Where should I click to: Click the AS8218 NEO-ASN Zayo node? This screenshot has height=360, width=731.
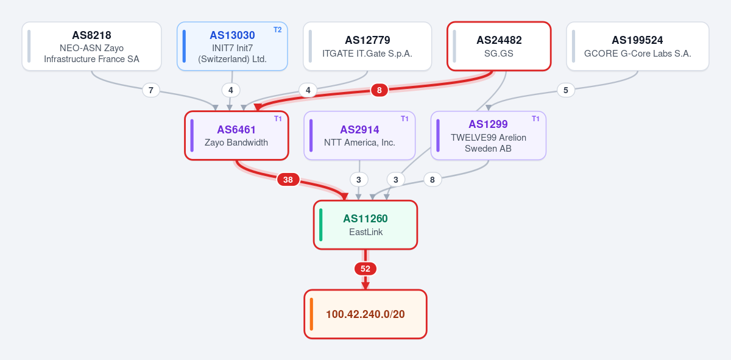pos(92,46)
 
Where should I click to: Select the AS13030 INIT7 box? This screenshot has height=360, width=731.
pos(232,46)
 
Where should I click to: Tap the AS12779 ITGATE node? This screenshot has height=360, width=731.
pos(367,46)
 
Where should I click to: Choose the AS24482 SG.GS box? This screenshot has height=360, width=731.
pos(499,46)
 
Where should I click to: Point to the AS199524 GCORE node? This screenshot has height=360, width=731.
pos(638,46)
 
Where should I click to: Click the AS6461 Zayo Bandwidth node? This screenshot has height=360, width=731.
pos(236,135)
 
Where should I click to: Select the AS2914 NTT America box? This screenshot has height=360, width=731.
pos(359,135)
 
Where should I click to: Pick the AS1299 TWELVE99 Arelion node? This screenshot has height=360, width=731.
pos(489,135)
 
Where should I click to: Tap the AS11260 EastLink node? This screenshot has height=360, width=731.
pos(365,225)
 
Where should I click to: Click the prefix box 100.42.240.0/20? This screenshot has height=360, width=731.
pos(365,314)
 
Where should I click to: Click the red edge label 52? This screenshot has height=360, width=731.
pos(365,269)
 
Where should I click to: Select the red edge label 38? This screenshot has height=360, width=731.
pos(288,180)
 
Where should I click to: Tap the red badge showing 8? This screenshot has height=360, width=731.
pos(379,90)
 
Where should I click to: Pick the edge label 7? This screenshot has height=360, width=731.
pos(151,90)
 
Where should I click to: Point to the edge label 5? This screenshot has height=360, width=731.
pos(565,90)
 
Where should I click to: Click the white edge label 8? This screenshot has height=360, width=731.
pos(433,180)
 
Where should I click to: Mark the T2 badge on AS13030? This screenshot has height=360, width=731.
pos(277,30)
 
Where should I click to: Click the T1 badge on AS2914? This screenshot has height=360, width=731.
pos(404,119)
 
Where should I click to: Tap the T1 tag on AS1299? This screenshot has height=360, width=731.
pos(535,119)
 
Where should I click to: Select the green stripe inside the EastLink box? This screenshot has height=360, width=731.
pos(321,225)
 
